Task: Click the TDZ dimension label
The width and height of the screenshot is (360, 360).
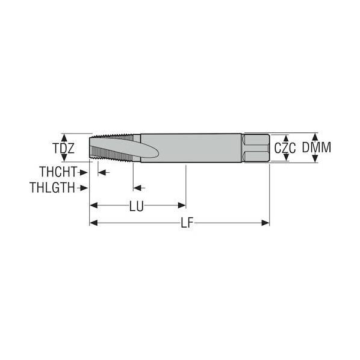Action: (x=64, y=148)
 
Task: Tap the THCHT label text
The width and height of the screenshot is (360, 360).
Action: (x=58, y=172)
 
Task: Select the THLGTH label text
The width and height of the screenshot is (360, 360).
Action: (x=52, y=188)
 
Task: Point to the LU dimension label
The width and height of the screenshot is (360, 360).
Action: (x=137, y=206)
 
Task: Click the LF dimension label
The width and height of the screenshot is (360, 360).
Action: (x=187, y=223)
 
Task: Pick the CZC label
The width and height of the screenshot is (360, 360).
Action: (x=285, y=148)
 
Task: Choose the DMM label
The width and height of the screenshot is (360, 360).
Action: (x=317, y=147)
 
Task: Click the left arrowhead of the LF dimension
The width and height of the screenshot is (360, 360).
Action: (x=93, y=223)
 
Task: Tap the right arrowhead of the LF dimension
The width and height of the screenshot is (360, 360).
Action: (x=265, y=223)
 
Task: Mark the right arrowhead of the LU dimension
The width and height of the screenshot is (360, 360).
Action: (x=182, y=205)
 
